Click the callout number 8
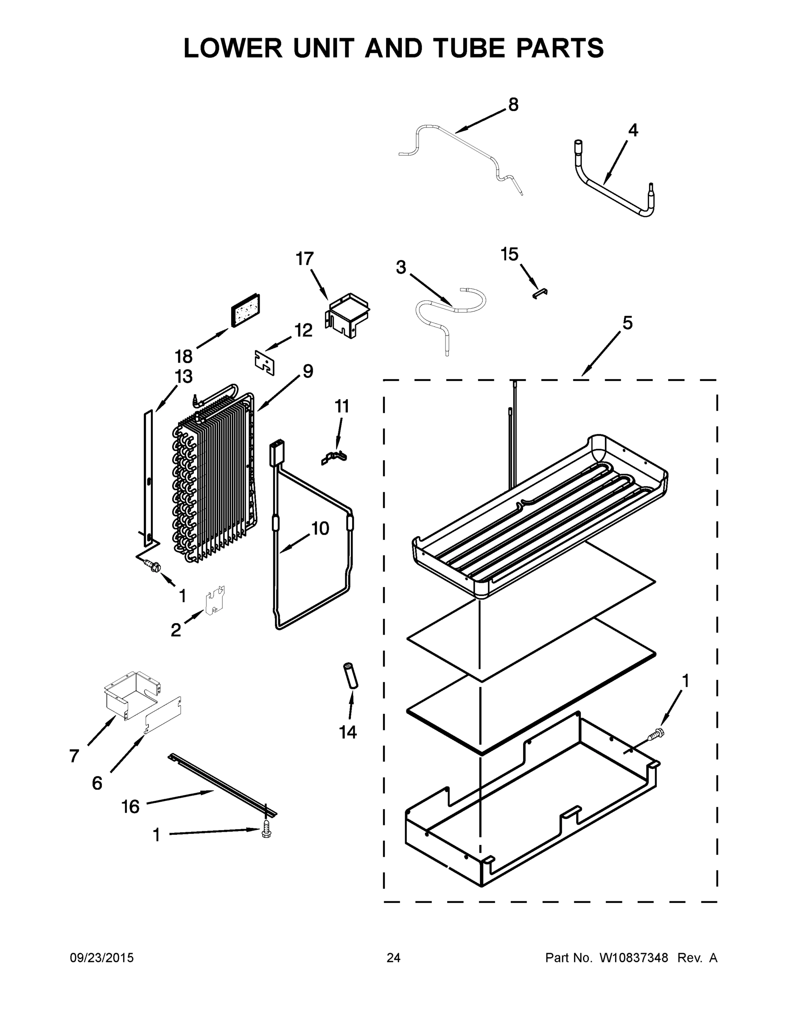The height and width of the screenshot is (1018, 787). (x=513, y=105)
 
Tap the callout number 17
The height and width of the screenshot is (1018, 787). (x=305, y=259)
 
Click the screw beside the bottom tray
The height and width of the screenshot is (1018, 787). (x=655, y=735)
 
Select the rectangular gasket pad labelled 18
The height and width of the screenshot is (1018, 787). (x=246, y=310)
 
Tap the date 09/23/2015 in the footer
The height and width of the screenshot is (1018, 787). (x=102, y=958)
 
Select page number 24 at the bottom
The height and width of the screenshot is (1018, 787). (x=394, y=958)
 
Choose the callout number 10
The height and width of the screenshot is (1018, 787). (x=320, y=529)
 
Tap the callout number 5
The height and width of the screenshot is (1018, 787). (x=627, y=322)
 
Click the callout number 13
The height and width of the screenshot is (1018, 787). (x=184, y=377)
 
